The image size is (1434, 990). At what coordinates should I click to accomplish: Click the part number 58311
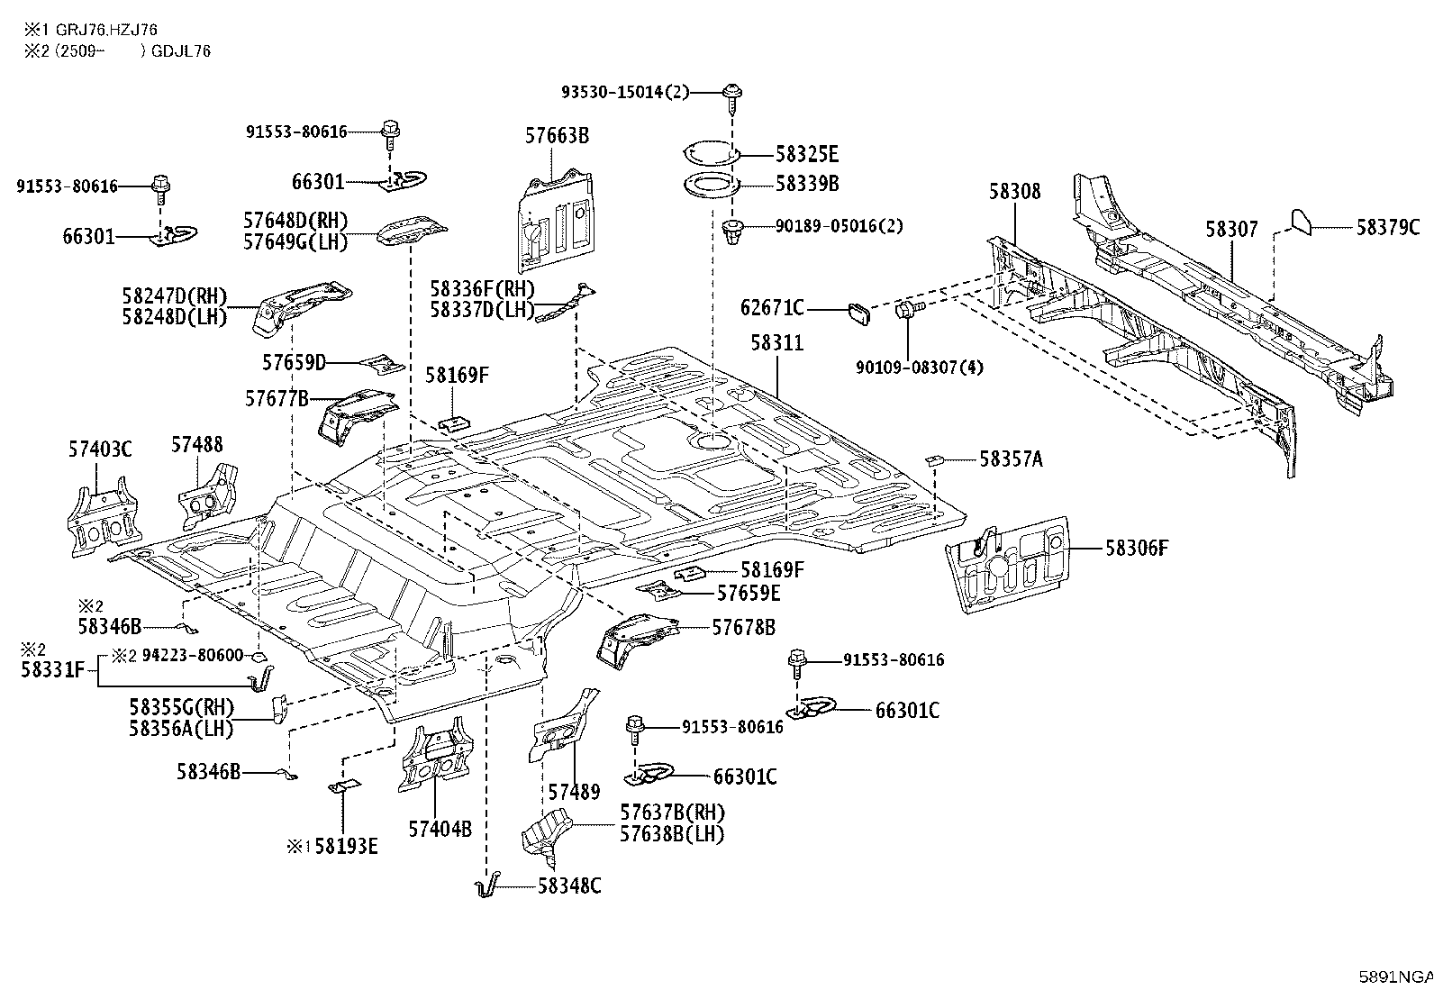click(776, 343)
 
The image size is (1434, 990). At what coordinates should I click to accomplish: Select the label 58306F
click(1136, 548)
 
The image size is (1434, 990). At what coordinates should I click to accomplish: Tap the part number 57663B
click(557, 136)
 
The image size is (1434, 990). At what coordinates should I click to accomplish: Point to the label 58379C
click(1387, 227)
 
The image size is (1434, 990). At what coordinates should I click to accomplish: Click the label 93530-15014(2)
click(625, 92)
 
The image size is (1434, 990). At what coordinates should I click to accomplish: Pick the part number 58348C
click(569, 886)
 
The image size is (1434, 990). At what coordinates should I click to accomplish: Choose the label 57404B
click(440, 830)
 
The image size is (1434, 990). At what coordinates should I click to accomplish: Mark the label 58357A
click(1011, 459)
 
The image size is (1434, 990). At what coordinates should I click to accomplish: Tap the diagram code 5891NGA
click(1395, 976)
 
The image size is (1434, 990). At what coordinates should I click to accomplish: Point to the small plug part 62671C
click(858, 313)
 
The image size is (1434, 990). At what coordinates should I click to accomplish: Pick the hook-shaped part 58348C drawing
click(487, 886)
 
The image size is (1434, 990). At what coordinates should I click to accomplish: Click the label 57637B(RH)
click(672, 813)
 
